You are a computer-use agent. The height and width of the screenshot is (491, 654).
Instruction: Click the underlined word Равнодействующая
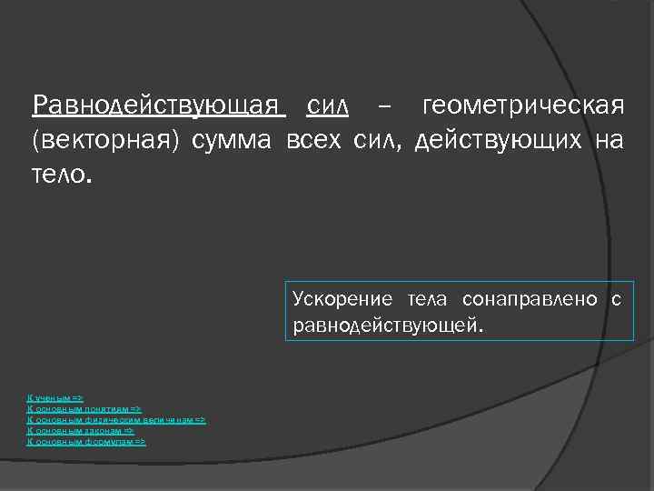point(159,107)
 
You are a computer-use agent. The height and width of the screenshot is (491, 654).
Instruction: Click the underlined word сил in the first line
point(328,107)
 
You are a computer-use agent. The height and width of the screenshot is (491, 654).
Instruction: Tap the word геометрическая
point(523,107)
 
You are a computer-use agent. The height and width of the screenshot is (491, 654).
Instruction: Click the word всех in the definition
point(314,140)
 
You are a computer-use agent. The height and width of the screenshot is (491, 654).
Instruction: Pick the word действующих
point(500,140)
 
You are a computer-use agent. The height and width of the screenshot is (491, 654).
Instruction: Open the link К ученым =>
point(55,399)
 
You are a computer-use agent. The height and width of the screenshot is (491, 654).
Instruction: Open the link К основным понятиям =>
point(84,410)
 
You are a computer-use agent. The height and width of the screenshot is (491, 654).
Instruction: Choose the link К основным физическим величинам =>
point(117,420)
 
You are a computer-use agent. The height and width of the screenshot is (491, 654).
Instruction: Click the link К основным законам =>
point(81,431)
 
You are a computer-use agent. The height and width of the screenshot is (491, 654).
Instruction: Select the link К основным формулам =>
point(86,441)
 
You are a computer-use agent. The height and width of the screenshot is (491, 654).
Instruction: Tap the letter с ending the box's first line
point(617,299)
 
